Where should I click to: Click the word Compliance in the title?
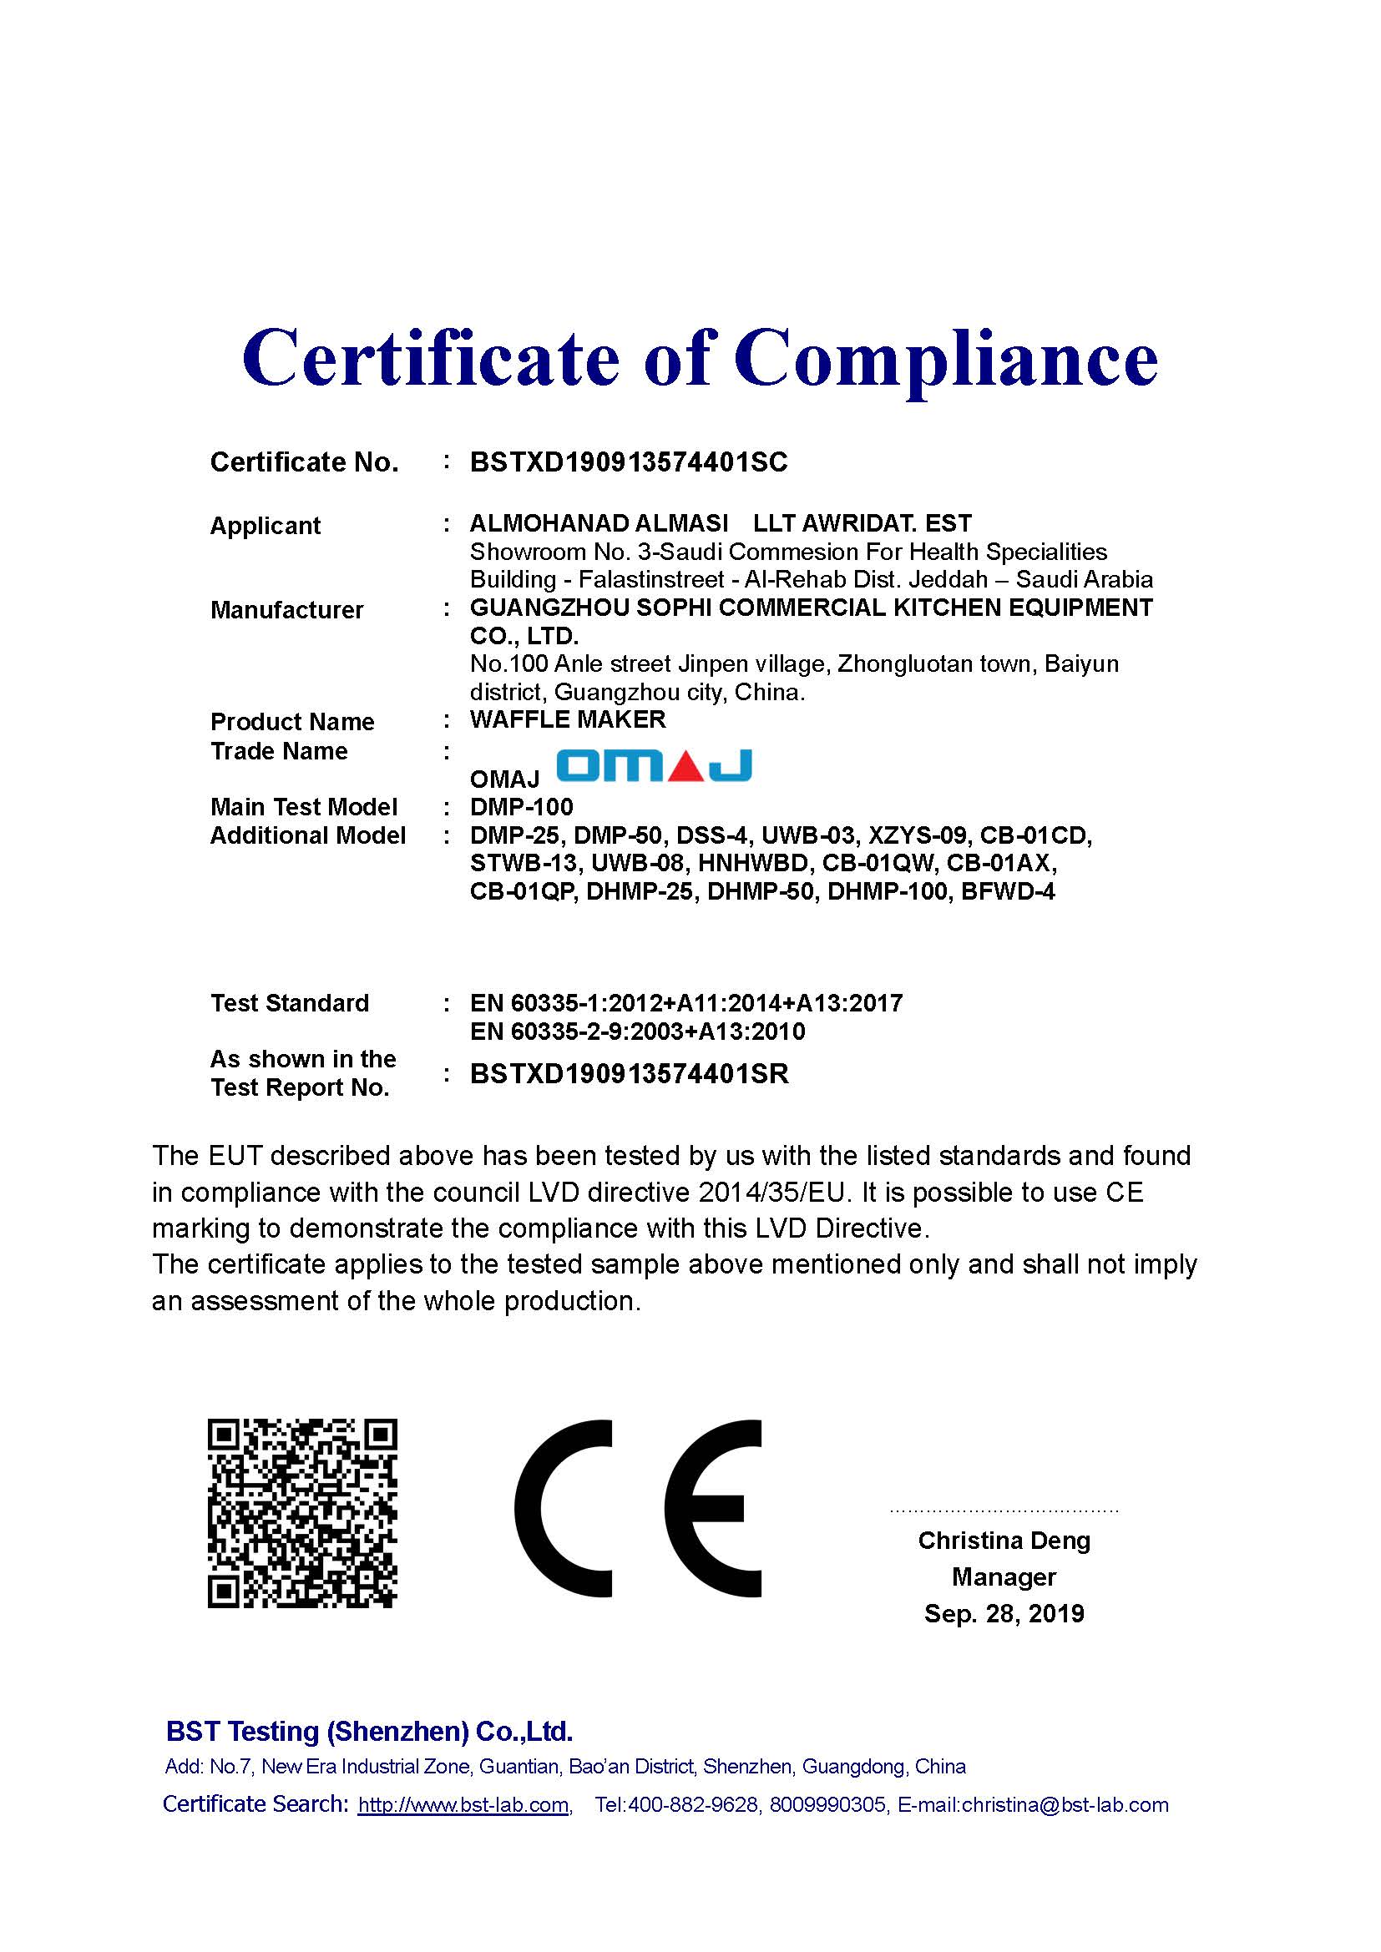click(946, 359)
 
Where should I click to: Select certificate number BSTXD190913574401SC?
click(629, 462)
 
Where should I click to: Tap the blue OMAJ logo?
click(654, 766)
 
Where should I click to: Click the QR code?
click(303, 1513)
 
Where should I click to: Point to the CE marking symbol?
click(638, 1509)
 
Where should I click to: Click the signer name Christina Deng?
click(1004, 1541)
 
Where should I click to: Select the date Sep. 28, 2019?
click(1004, 1614)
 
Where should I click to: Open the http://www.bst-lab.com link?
click(463, 1805)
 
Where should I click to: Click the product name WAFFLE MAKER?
click(567, 719)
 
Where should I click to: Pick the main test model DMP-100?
click(521, 807)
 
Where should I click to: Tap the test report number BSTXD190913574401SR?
click(630, 1074)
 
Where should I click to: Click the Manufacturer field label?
click(286, 609)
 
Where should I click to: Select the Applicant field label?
click(266, 526)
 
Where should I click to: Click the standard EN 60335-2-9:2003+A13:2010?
click(637, 1031)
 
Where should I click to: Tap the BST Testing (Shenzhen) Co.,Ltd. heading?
click(369, 1731)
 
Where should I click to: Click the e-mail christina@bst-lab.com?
click(1065, 1805)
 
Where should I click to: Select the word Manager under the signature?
click(1004, 1577)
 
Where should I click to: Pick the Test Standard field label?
click(289, 1003)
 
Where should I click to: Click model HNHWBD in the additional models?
click(752, 864)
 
